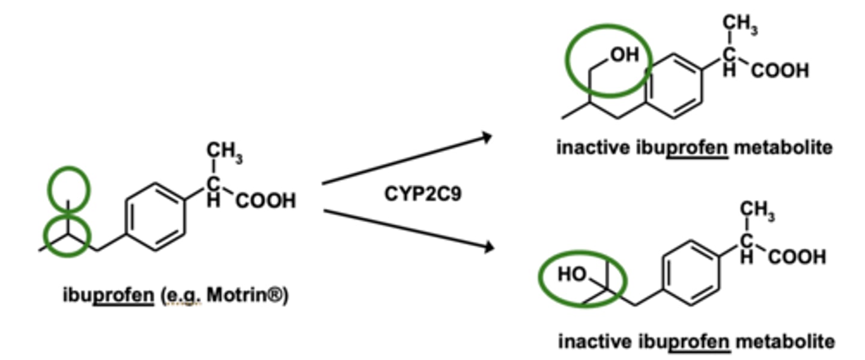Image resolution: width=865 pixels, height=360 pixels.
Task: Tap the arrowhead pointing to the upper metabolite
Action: [487, 138]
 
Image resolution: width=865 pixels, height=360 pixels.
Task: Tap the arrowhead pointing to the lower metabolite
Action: [488, 246]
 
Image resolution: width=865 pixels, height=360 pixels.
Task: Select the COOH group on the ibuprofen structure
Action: [266, 201]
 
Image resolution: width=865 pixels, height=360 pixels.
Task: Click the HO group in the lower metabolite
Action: [572, 274]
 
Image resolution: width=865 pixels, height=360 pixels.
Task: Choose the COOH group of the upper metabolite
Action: [779, 71]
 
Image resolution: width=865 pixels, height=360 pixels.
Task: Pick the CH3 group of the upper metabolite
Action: [739, 25]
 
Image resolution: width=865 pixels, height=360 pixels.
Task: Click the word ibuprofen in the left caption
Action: [108, 296]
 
